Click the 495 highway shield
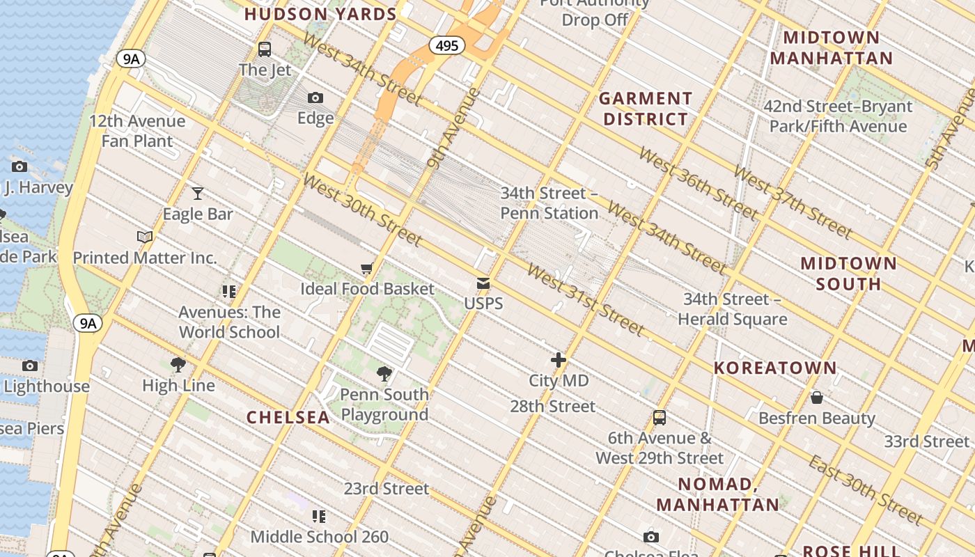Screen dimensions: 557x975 [x=446, y=46]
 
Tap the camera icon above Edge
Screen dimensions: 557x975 [x=315, y=97]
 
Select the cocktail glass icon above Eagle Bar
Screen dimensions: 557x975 [x=198, y=193]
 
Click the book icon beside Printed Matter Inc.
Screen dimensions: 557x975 [x=145, y=237]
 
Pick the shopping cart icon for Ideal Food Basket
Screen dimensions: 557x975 [x=367, y=269]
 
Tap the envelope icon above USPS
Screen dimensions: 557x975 [x=483, y=283]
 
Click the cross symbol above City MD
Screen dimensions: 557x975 [x=559, y=360]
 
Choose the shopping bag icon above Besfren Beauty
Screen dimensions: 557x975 [x=817, y=398]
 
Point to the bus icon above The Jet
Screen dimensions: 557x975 [x=264, y=49]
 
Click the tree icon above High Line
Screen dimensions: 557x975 [x=178, y=364]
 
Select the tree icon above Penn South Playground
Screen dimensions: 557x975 [x=384, y=374]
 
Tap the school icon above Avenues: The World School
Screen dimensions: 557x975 [x=229, y=291]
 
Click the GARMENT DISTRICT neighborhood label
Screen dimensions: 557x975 [x=646, y=109]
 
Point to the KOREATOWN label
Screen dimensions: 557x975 [x=775, y=368]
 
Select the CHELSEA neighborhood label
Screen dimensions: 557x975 [x=288, y=417]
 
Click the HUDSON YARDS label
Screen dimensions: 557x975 [x=320, y=14]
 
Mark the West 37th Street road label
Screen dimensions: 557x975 [x=792, y=201]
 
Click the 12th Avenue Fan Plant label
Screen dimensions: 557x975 [x=137, y=131]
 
